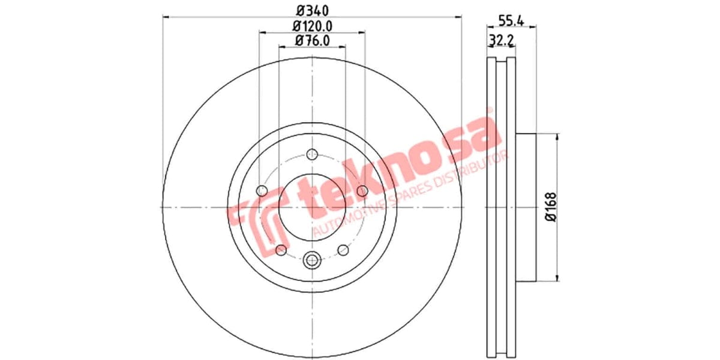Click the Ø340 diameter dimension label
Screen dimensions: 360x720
click(x=312, y=10)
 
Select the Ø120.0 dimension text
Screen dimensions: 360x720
click(x=312, y=26)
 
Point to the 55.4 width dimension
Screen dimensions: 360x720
click(x=512, y=20)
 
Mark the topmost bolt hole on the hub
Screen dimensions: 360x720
click(x=311, y=155)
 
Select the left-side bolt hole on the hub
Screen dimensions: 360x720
click(x=262, y=191)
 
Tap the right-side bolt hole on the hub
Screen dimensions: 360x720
click(x=362, y=191)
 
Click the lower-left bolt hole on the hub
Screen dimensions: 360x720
click(x=280, y=250)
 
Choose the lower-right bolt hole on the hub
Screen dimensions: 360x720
click(x=343, y=250)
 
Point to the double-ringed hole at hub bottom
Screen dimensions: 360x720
click(x=311, y=260)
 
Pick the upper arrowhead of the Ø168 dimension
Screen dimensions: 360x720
click(x=557, y=137)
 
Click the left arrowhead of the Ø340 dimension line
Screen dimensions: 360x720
click(x=166, y=17)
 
